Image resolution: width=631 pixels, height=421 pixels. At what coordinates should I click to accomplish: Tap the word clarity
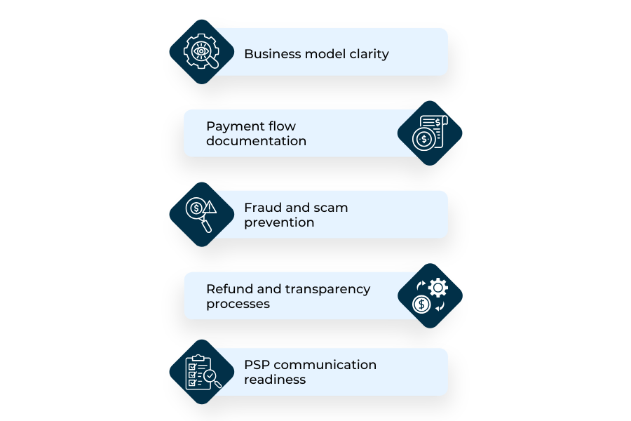tap(369, 54)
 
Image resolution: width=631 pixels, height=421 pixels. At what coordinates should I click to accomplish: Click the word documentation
tap(256, 141)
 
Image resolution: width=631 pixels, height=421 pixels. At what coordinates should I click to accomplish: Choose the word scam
tap(330, 208)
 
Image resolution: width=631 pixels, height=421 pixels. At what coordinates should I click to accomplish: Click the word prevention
tap(279, 222)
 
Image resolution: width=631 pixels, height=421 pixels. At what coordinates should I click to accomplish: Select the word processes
tap(238, 304)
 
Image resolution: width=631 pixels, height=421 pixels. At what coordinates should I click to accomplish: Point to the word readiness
tap(275, 380)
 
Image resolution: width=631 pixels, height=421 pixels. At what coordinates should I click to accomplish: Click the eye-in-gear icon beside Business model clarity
tap(201, 52)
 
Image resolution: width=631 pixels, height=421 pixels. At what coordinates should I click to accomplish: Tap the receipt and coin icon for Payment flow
tap(430, 133)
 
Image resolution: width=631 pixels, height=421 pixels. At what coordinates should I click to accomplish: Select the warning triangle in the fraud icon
tap(210, 207)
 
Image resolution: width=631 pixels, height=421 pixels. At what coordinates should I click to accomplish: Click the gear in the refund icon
tap(438, 286)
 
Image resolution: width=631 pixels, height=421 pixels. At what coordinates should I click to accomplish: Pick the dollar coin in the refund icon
tap(421, 304)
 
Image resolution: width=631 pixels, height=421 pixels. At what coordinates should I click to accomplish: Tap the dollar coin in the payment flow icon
tap(423, 139)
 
